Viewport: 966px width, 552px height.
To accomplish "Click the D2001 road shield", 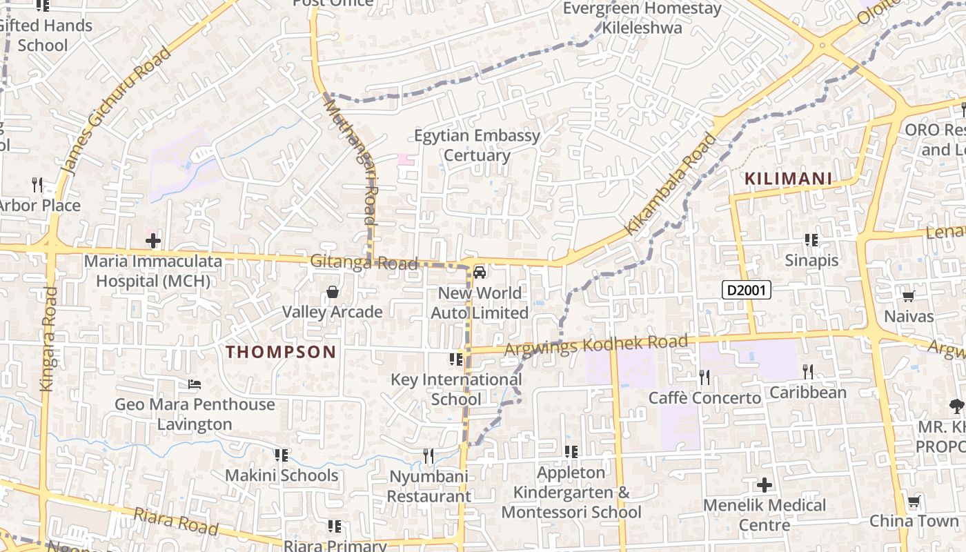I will click(x=746, y=290).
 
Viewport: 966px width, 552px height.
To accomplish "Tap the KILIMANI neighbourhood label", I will click(x=788, y=179).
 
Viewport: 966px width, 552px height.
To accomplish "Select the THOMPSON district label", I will click(x=281, y=352).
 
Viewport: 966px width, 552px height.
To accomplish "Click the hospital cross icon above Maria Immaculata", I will click(x=153, y=241).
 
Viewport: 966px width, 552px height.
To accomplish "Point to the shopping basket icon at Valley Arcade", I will click(x=333, y=292).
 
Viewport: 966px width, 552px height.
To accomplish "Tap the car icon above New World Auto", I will click(x=480, y=273).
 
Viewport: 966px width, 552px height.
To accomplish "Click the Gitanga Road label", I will click(x=364, y=263).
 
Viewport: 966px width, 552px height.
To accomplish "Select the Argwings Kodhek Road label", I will click(x=596, y=345).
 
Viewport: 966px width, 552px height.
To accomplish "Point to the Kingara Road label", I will click(x=48, y=339).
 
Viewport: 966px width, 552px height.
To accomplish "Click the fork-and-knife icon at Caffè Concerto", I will click(x=704, y=377).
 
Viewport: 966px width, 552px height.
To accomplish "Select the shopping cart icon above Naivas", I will click(x=909, y=297).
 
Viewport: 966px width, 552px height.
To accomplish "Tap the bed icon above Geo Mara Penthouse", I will click(x=195, y=384).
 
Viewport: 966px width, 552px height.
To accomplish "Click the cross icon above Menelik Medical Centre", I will click(x=765, y=484).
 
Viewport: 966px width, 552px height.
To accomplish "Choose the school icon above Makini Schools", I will click(x=281, y=455).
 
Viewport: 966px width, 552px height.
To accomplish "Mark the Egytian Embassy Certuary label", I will click(x=477, y=145).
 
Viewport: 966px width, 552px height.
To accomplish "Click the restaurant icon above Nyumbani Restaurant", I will click(x=428, y=455).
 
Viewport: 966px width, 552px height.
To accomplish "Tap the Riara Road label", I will click(x=176, y=522).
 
